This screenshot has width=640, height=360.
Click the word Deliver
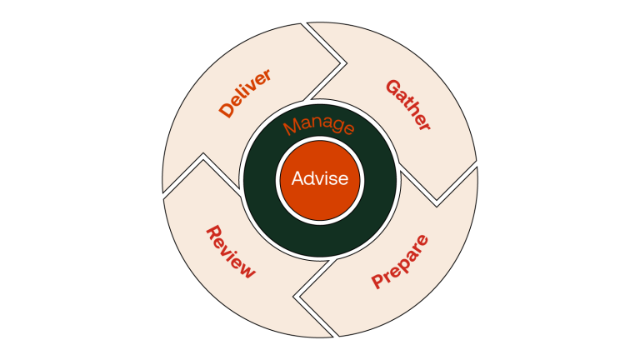pyautogui.click(x=246, y=92)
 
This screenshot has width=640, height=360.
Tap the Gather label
pyautogui.click(x=408, y=105)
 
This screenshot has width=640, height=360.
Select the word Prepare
pyautogui.click(x=401, y=262)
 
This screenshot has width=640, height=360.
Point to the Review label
pyautogui.click(x=230, y=252)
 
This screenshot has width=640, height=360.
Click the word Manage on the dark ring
pyautogui.click(x=318, y=127)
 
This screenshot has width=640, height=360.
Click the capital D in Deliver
pyautogui.click(x=226, y=110)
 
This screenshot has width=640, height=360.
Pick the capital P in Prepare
pyautogui.click(x=378, y=281)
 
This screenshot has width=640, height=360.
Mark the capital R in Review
pyautogui.click(x=212, y=232)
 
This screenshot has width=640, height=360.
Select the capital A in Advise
pyautogui.click(x=297, y=177)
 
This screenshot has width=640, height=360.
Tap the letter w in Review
pyautogui.click(x=247, y=269)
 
